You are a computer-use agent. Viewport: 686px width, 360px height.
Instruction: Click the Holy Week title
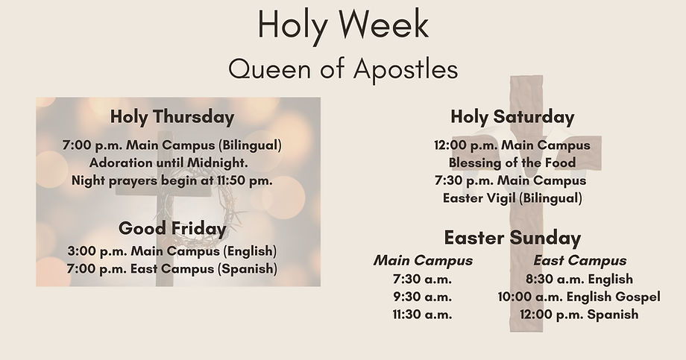tap(343, 25)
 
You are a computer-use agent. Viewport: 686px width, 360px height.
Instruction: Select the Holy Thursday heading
tap(172, 117)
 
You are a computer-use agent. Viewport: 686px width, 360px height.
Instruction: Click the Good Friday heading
tap(172, 228)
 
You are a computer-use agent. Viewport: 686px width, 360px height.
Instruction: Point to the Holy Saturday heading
tap(512, 117)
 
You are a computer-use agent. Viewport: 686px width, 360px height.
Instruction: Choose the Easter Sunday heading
tap(512, 238)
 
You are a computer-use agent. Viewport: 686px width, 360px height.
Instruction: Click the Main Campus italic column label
tap(423, 261)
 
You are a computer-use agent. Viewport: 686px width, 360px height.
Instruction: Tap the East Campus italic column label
tap(580, 261)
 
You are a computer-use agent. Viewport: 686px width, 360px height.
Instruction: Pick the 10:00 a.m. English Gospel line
tap(579, 297)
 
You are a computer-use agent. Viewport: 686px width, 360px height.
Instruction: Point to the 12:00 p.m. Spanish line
tap(579, 315)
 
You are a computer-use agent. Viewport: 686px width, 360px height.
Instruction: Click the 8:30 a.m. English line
tap(579, 279)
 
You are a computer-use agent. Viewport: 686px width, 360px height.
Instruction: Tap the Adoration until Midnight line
tap(172, 162)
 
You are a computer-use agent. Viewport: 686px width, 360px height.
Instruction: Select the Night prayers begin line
tap(172, 180)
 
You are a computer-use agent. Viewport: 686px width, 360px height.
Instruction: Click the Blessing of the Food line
tap(512, 162)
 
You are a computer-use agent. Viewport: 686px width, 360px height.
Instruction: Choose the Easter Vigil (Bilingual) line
tap(512, 198)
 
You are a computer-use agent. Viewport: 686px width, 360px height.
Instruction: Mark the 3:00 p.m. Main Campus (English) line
tap(172, 250)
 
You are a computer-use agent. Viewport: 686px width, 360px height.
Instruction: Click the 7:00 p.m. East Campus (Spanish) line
tap(172, 268)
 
